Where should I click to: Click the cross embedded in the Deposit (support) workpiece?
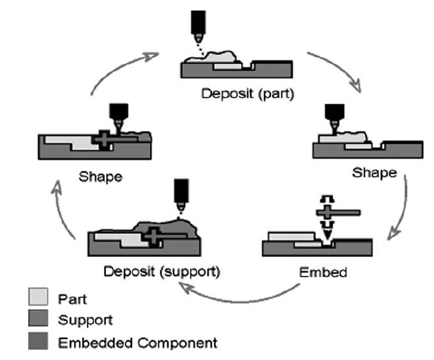coord(152,235)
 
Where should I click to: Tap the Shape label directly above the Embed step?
coord(374,173)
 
